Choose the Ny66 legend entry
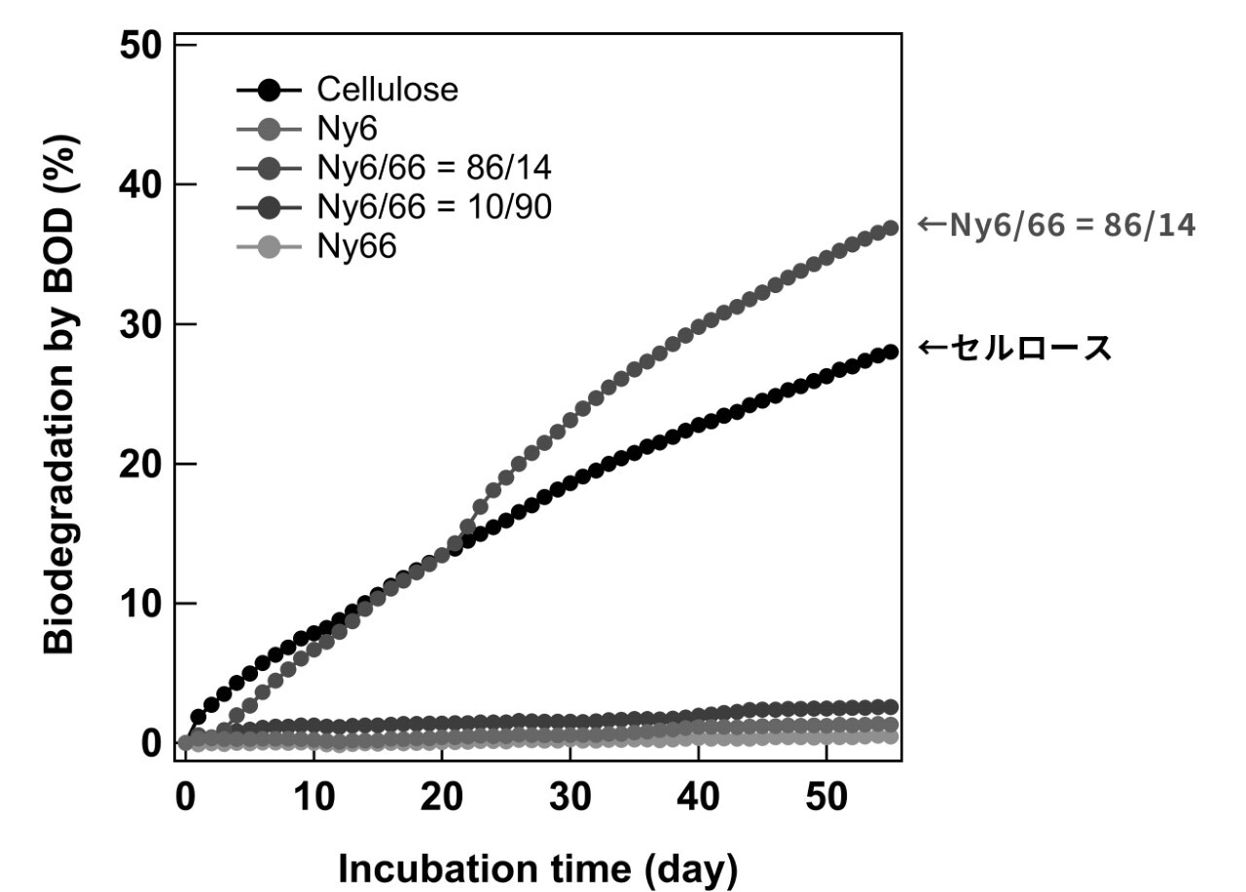[x=356, y=246]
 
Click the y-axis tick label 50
[x=141, y=46]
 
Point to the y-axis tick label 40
[x=141, y=185]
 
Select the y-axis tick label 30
[x=141, y=324]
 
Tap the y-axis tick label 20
[x=141, y=465]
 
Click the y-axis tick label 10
[x=141, y=604]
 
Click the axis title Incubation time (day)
[x=537, y=869]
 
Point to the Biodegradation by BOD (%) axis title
[x=60, y=394]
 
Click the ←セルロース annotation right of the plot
[x=1014, y=349]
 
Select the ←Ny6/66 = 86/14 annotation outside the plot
[x=1056, y=226]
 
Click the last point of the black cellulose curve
[x=889, y=353]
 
